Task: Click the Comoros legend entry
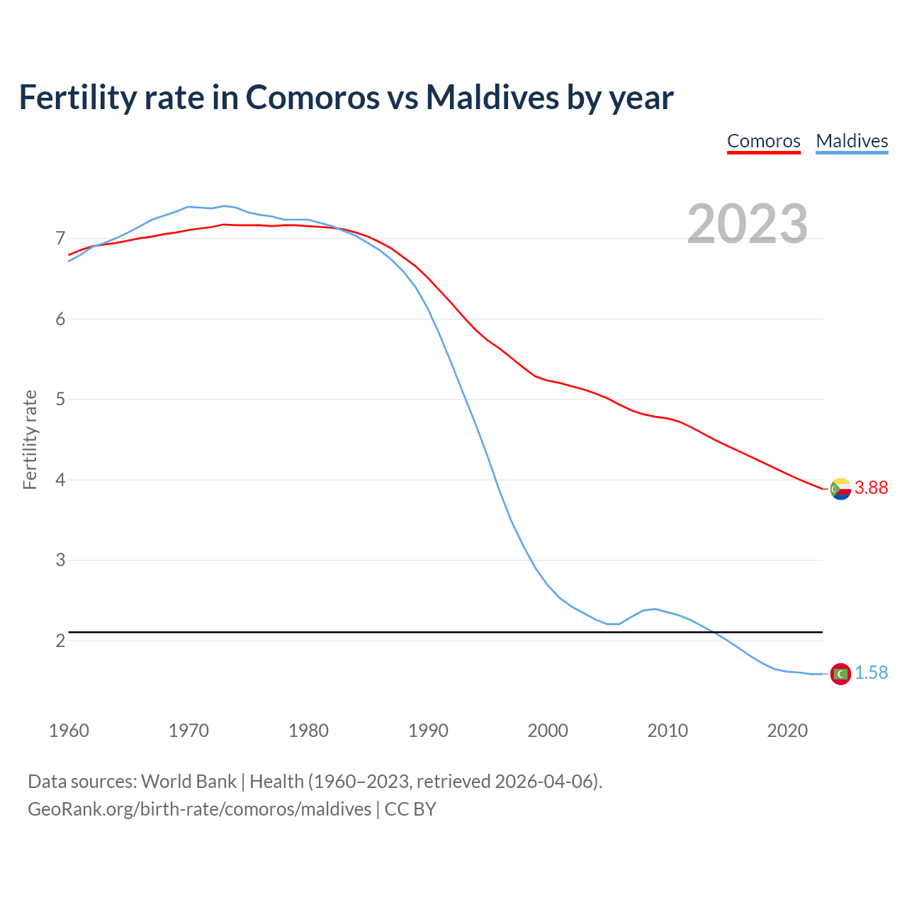pyautogui.click(x=763, y=141)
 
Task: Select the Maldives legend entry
pyautogui.click(x=852, y=141)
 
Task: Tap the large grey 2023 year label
pyautogui.click(x=748, y=224)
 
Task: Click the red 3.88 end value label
pyautogui.click(x=871, y=488)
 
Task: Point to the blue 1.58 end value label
pyautogui.click(x=871, y=673)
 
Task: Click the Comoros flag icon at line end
pyautogui.click(x=840, y=489)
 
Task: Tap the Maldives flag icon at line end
pyautogui.click(x=840, y=674)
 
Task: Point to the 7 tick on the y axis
pyautogui.click(x=60, y=239)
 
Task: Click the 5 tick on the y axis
pyautogui.click(x=60, y=400)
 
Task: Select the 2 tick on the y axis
pyautogui.click(x=60, y=641)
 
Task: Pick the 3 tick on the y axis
pyautogui.click(x=60, y=560)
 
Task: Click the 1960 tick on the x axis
pyautogui.click(x=69, y=731)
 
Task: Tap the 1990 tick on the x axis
pyautogui.click(x=428, y=731)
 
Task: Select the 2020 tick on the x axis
pyautogui.click(x=787, y=731)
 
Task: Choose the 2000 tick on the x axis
pyautogui.click(x=548, y=731)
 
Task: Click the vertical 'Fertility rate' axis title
pyautogui.click(x=30, y=439)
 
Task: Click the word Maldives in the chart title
pyautogui.click(x=492, y=97)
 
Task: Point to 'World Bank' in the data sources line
pyautogui.click(x=188, y=782)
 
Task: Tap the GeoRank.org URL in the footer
pyautogui.click(x=199, y=809)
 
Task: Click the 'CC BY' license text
pyautogui.click(x=410, y=809)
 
